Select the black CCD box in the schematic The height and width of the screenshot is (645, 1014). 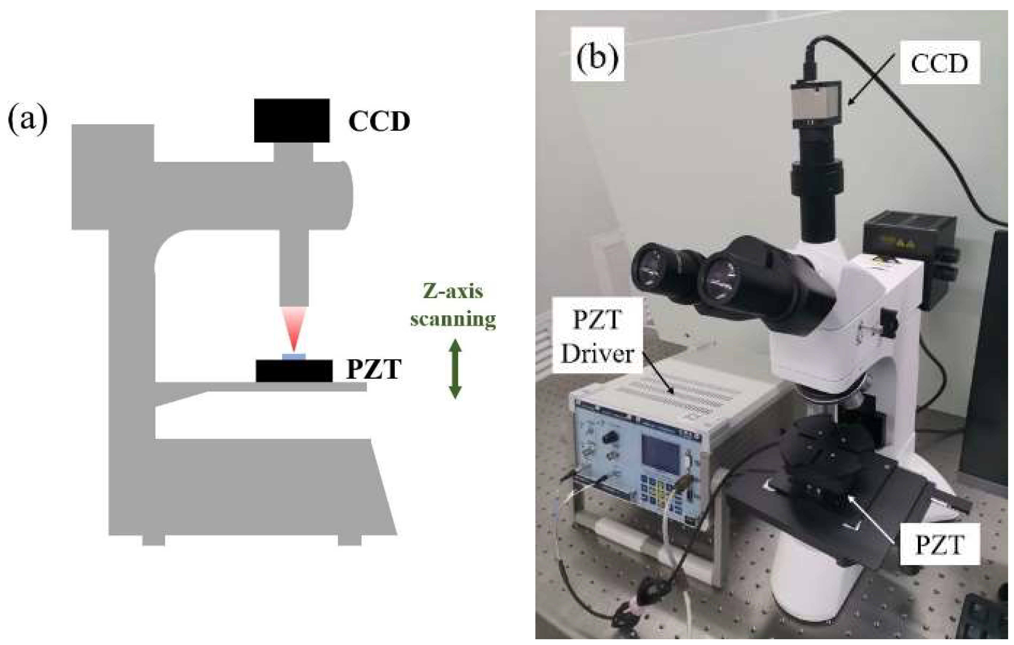[x=291, y=121]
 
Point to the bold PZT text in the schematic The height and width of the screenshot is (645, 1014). [x=373, y=370]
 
